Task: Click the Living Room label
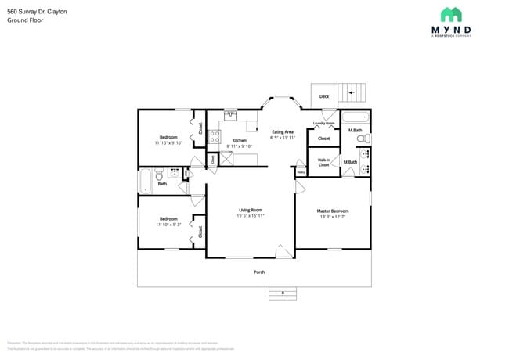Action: [x=250, y=210]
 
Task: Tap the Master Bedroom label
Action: [x=332, y=211]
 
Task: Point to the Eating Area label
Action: [x=282, y=131]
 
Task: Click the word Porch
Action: [x=258, y=272]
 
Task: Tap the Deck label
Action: [x=323, y=97]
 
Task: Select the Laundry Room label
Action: [x=323, y=123]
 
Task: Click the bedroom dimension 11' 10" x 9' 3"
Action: [x=168, y=225]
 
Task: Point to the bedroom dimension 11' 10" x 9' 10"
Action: [x=168, y=143]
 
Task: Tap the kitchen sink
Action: [x=230, y=115]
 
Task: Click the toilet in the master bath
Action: [x=361, y=139]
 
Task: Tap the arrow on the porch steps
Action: [x=282, y=294]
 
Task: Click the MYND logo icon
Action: [x=450, y=14]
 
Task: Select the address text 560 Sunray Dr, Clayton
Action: [x=37, y=12]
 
